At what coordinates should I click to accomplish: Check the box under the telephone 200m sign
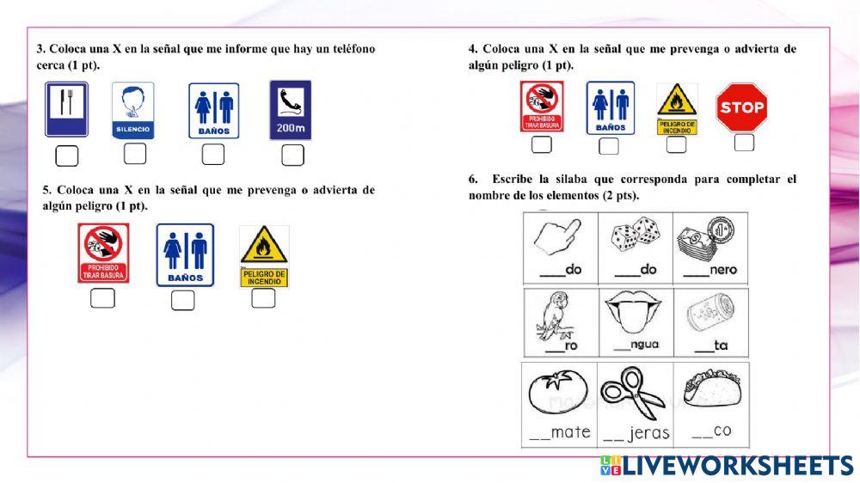293,155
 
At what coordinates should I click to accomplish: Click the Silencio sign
133,109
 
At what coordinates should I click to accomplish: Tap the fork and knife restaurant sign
67,109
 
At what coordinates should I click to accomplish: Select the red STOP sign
741,107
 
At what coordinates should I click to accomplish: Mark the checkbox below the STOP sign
744,143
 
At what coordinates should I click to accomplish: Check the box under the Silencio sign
135,154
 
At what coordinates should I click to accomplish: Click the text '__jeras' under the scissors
636,433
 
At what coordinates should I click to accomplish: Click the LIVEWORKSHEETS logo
727,466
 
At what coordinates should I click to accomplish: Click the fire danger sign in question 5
263,256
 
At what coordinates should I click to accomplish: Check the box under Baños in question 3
213,155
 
